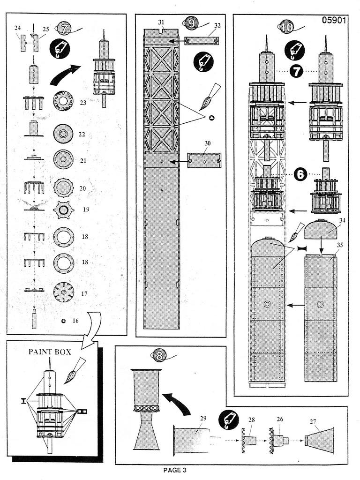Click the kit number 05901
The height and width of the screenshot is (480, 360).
tap(334, 20)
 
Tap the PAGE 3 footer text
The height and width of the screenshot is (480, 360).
tap(174, 470)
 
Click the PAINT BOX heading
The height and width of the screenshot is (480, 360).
tap(50, 352)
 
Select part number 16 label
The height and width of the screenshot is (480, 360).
tap(75, 321)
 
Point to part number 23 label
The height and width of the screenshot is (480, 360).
tap(83, 103)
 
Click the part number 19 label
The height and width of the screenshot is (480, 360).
tap(86, 210)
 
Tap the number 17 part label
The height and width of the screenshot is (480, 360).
tap(84, 293)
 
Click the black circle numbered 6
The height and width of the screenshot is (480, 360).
tap(300, 174)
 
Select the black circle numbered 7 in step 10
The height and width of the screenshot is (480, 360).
tap(296, 71)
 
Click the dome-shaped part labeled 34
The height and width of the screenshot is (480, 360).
tap(321, 230)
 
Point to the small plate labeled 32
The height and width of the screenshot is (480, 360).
tap(202, 40)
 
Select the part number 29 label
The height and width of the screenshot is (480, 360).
tap(203, 419)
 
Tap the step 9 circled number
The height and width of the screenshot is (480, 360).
tap(191, 23)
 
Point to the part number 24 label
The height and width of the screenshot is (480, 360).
tap(17, 28)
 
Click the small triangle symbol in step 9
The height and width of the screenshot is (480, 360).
tap(211, 118)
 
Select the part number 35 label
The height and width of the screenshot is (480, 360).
tap(340, 245)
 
